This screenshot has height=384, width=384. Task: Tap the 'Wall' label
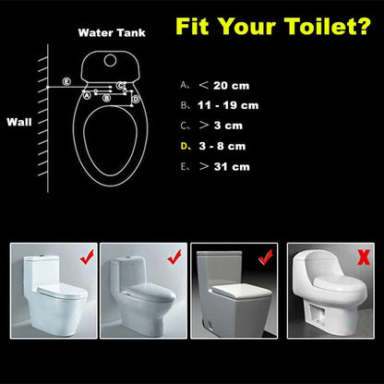pyautogui.click(x=19, y=121)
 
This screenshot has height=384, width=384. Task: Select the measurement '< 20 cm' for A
pyautogui.click(x=230, y=84)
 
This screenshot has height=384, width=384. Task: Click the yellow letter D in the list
pyautogui.click(x=184, y=147)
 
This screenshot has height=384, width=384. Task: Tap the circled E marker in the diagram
pyautogui.click(x=66, y=82)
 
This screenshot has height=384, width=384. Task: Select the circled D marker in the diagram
pyautogui.click(x=135, y=96)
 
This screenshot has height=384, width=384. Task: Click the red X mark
pyautogui.click(x=364, y=256)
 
